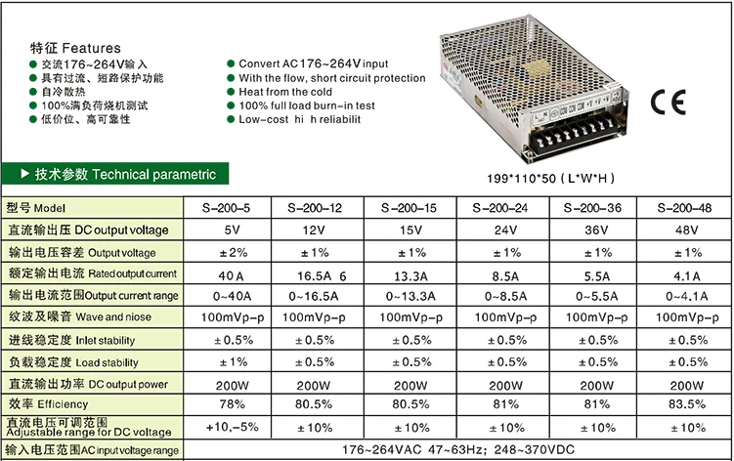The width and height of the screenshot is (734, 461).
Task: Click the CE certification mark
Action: (x=668, y=102)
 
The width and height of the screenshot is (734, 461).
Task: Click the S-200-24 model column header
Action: (x=500, y=208)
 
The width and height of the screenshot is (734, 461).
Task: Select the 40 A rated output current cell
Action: (x=231, y=276)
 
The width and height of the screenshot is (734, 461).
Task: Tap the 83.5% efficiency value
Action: (x=686, y=404)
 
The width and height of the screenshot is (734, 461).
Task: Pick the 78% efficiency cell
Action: (x=232, y=404)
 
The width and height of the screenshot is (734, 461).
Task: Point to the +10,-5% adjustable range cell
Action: (x=233, y=427)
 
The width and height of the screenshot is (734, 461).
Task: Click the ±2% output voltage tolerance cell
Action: (x=234, y=253)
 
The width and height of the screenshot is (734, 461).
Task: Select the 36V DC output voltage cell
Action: (x=596, y=230)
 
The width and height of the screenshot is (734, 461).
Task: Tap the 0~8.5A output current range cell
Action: (x=505, y=296)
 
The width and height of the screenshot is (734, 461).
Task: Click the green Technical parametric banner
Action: (x=115, y=174)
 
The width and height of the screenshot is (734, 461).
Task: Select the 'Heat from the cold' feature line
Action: (x=285, y=92)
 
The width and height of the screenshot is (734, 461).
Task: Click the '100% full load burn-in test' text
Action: (x=307, y=105)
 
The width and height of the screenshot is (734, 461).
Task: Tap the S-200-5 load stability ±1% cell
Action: (x=234, y=362)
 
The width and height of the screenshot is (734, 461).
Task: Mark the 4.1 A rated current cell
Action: (x=687, y=276)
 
